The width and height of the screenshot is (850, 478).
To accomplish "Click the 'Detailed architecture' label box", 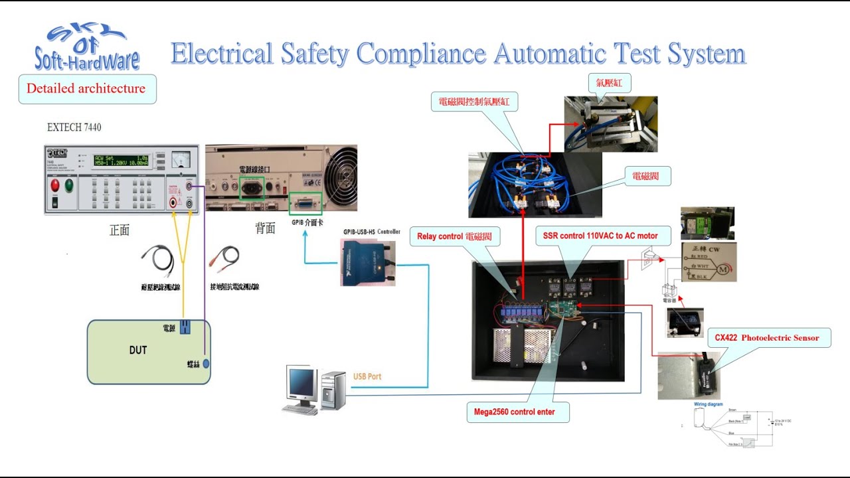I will click(86, 88).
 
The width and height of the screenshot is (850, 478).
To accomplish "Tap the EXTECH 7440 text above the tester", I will click(74, 127).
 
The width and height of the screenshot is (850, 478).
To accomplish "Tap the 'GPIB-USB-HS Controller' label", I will click(371, 232).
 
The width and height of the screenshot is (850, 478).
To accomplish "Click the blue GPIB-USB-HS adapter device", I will click(367, 262).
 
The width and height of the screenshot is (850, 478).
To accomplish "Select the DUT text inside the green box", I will click(138, 350).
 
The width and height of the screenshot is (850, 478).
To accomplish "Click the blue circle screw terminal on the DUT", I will click(206, 363).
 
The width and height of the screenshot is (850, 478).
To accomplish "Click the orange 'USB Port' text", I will click(367, 376).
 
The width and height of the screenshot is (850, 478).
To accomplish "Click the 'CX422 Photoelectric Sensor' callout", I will click(766, 337).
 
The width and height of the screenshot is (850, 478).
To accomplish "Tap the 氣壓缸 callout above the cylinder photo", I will click(609, 84).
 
